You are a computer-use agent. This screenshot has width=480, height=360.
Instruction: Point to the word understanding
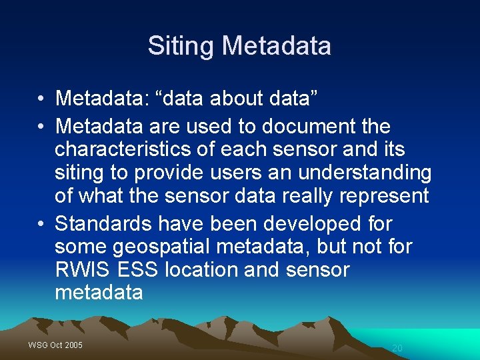pyautogui.click(x=365, y=173)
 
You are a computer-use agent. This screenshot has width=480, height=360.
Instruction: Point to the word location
pyautogui.click(x=211, y=270)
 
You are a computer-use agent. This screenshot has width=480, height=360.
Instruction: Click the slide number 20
pyautogui.click(x=397, y=348)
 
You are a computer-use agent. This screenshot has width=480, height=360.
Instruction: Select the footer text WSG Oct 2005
pyautogui.click(x=55, y=345)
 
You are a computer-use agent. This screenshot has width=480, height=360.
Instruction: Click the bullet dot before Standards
pyautogui.click(x=41, y=223)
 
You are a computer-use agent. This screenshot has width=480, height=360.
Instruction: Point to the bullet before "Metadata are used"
pyautogui.click(x=41, y=126)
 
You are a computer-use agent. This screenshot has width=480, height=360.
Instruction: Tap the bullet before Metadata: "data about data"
pyautogui.click(x=41, y=99)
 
